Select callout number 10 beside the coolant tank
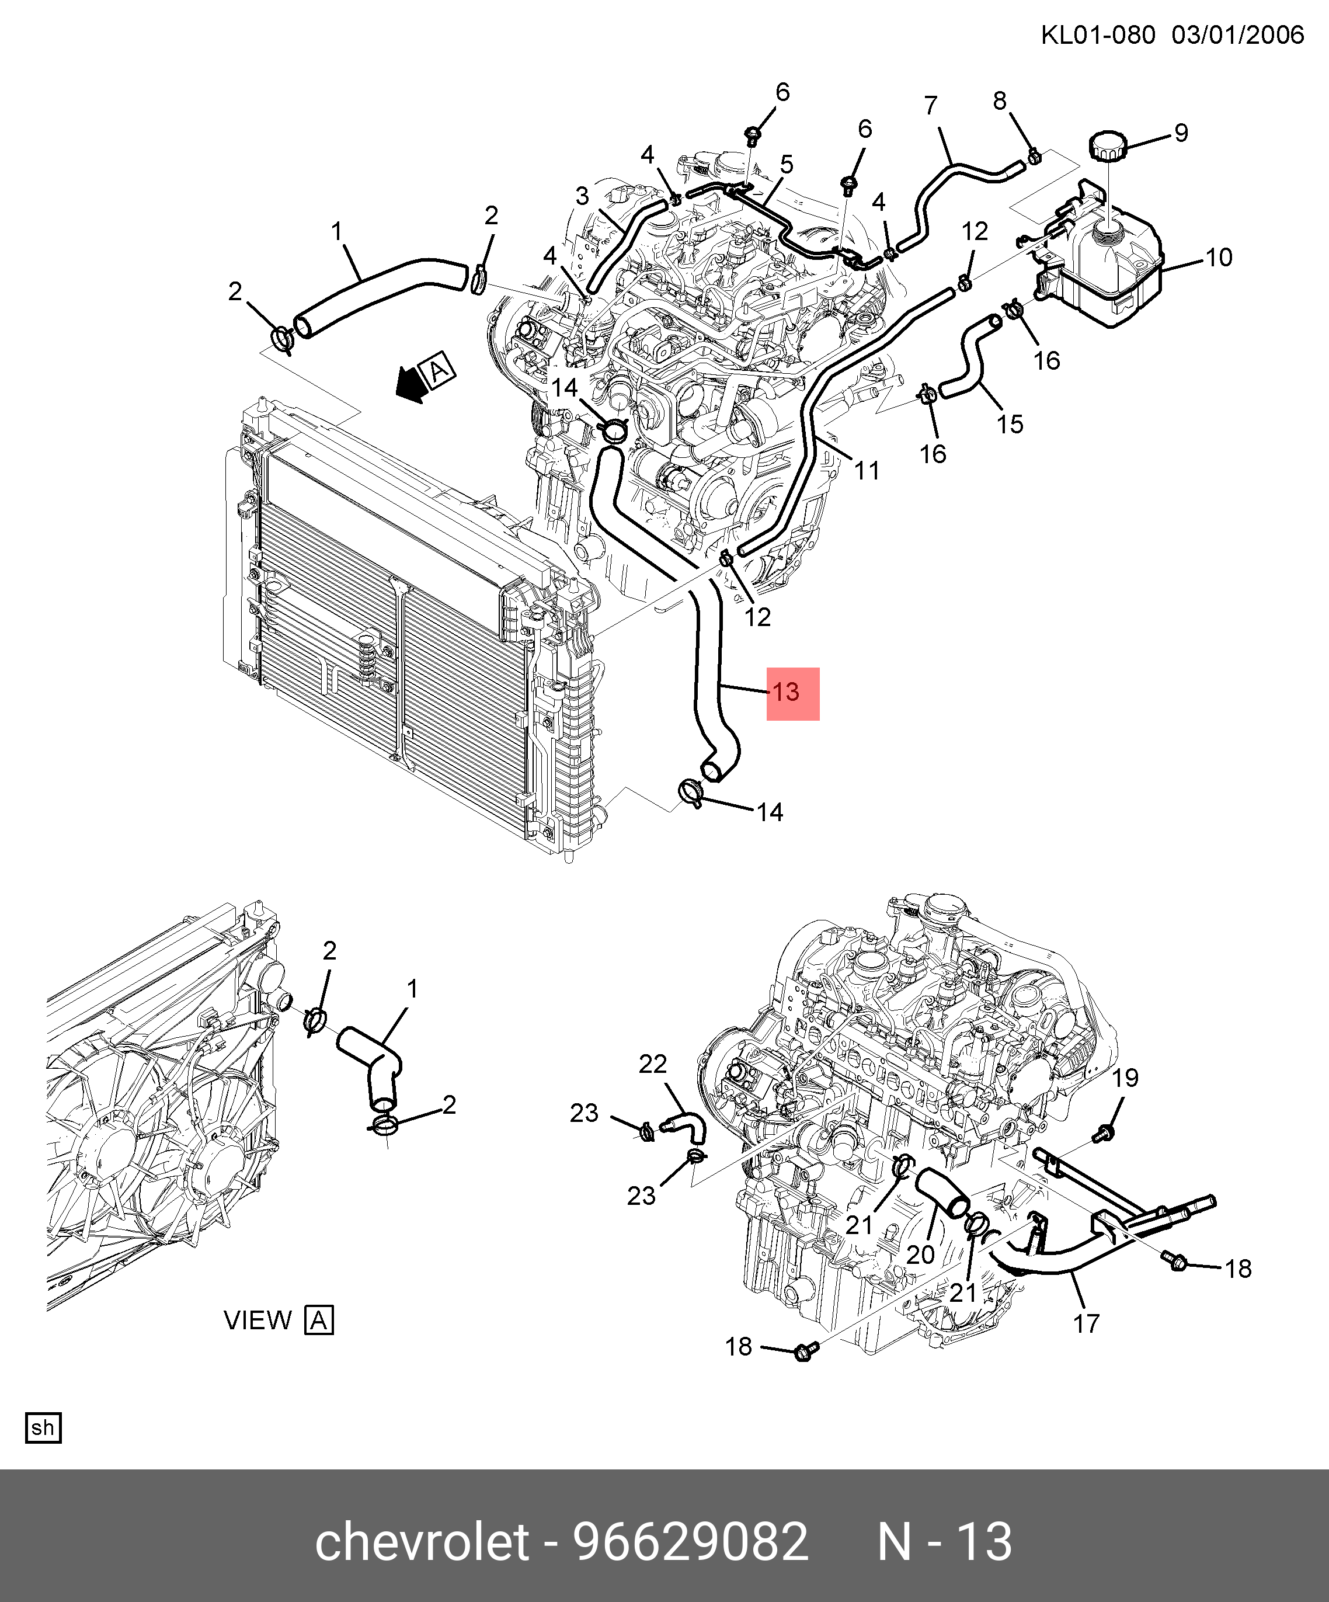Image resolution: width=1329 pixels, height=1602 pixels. [1219, 258]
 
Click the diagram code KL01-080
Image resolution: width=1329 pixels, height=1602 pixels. [1098, 35]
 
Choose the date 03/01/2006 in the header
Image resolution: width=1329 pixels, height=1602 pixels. [1237, 35]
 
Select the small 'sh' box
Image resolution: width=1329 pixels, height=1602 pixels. [43, 1428]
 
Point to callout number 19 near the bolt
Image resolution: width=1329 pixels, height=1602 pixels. [1125, 1078]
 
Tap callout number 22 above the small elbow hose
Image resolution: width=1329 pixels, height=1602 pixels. [653, 1064]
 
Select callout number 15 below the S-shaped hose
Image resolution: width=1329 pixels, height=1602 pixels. [1010, 424]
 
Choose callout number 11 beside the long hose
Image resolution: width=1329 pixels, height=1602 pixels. [867, 471]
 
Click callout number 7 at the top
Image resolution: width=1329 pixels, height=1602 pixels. [931, 105]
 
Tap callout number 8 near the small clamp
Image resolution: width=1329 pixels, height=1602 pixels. [1000, 100]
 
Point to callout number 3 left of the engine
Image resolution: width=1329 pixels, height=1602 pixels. [582, 196]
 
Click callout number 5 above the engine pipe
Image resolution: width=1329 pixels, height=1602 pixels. [787, 164]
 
